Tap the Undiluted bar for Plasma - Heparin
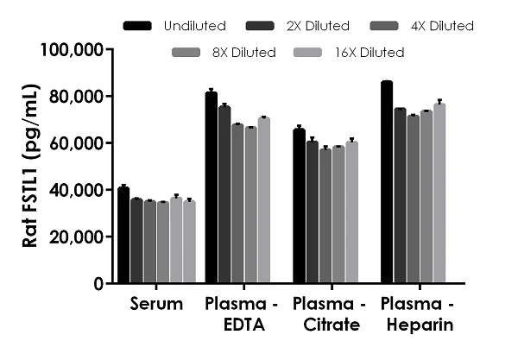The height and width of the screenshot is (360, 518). (x=386, y=182)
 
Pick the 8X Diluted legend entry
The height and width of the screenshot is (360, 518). (x=243, y=53)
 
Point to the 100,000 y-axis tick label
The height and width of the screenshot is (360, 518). (x=73, y=49)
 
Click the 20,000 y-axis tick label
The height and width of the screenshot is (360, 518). (x=76, y=237)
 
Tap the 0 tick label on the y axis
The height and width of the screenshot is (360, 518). (x=99, y=283)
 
